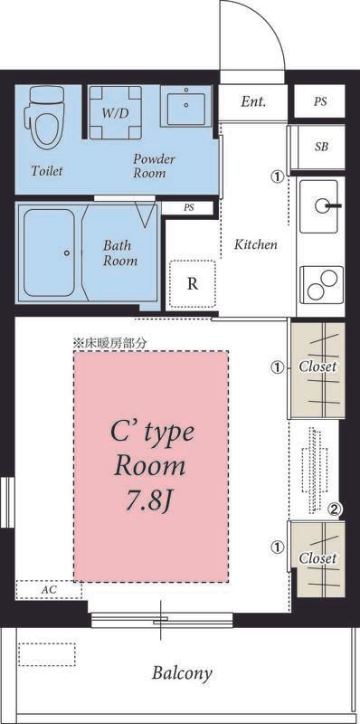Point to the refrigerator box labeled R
tap(192, 283)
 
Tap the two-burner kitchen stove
tap(320, 286)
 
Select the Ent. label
tap(253, 101)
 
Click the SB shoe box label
tap(321, 147)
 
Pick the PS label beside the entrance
tap(320, 101)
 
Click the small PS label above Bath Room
tap(189, 207)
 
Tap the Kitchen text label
tap(255, 245)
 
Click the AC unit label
tap(49, 589)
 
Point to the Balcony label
tap(182, 672)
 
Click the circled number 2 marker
tap(334, 510)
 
